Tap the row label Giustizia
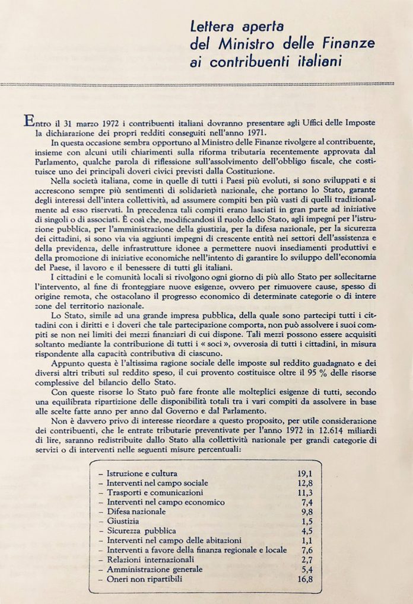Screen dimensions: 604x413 [126, 521]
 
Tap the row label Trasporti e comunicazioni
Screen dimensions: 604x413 [153, 493]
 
